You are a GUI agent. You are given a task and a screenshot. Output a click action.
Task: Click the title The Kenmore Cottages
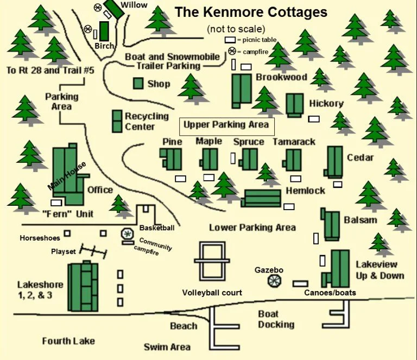pos(250,12)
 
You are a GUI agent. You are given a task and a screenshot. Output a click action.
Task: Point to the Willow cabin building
pos(113,8)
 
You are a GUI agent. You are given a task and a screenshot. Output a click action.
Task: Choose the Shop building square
pos(138,83)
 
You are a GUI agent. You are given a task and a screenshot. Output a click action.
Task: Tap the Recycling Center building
pos(117,121)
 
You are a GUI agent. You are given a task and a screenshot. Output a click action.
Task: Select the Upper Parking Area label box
pos(226,125)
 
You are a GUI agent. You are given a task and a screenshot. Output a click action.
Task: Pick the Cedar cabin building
pos(334,161)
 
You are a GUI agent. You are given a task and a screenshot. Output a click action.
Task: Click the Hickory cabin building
pos(295,104)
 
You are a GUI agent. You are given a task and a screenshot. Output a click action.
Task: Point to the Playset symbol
pos(92,250)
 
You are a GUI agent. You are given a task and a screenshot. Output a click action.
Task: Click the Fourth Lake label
pos(68,340)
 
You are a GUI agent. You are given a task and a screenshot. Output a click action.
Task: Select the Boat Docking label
pos(276,319)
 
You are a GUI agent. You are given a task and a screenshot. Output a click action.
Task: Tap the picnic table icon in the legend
pos(231,40)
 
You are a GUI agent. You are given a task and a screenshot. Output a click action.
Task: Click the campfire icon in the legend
pos(231,50)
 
